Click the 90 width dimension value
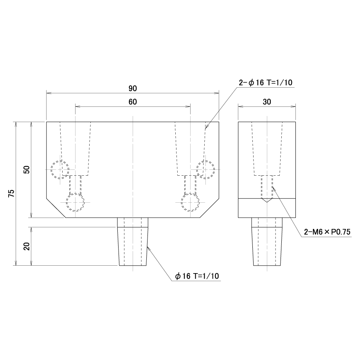(133, 88)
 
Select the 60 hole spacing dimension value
(133, 102)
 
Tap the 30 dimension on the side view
(267, 102)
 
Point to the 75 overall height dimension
(11, 193)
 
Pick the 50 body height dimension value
(27, 169)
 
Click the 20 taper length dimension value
(27, 246)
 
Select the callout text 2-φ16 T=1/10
(266, 83)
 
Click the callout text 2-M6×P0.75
(327, 232)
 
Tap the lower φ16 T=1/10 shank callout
(197, 276)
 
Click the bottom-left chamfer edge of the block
(56, 208)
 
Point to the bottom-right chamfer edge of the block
(209, 208)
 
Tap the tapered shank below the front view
(133, 246)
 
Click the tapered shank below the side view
(267, 246)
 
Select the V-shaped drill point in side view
(267, 200)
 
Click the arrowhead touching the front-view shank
(148, 248)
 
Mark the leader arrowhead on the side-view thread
(274, 189)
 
